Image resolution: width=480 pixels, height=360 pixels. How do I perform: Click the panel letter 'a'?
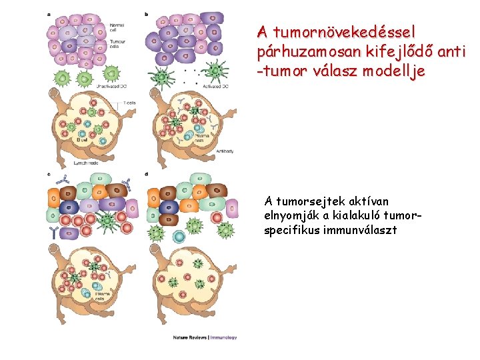click(x=49, y=14)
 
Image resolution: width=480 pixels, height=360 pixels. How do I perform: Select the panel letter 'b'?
click(x=147, y=14)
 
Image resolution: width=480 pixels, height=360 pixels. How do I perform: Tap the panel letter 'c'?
click(x=49, y=175)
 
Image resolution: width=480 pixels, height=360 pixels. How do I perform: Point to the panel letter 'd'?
click(x=147, y=175)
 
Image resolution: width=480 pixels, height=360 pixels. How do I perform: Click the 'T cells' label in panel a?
click(x=130, y=103)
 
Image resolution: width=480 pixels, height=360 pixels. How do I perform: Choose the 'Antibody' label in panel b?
click(x=225, y=151)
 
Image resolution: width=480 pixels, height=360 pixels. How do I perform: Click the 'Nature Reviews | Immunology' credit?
click(x=205, y=337)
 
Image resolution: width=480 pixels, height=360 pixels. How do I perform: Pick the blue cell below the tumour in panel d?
click(x=179, y=236)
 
